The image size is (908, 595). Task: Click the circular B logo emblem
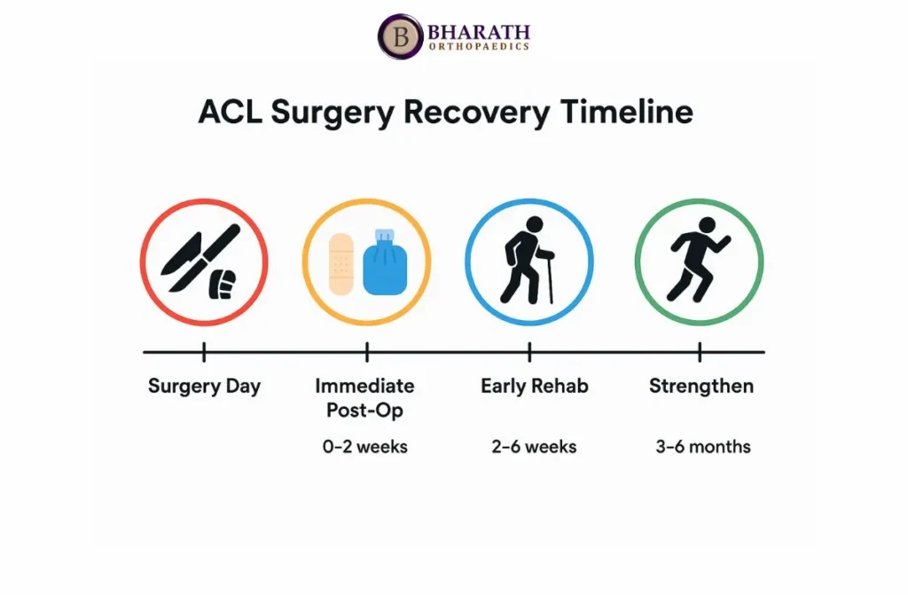(x=401, y=36)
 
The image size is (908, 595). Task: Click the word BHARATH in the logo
(x=478, y=31)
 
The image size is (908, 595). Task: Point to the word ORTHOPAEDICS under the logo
(x=479, y=47)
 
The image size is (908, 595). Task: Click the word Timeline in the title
(x=627, y=111)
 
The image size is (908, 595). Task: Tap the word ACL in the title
(x=230, y=111)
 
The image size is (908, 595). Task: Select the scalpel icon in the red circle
(x=200, y=257)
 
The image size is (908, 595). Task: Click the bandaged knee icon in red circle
(x=223, y=284)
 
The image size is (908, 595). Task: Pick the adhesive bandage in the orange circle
(x=341, y=264)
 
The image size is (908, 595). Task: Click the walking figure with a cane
(x=528, y=260)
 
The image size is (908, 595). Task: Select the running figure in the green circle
(x=698, y=260)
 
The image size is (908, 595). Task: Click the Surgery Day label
(x=204, y=386)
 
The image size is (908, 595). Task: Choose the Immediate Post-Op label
(x=364, y=398)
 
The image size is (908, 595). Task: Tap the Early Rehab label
(x=535, y=386)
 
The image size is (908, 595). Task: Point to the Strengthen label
(x=701, y=386)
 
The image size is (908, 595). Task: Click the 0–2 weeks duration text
(x=365, y=447)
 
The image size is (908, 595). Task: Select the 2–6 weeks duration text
(x=534, y=447)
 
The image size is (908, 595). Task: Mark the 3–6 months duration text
(x=703, y=447)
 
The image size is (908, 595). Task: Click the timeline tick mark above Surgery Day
(x=204, y=352)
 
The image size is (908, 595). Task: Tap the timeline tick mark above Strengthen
(x=700, y=352)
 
